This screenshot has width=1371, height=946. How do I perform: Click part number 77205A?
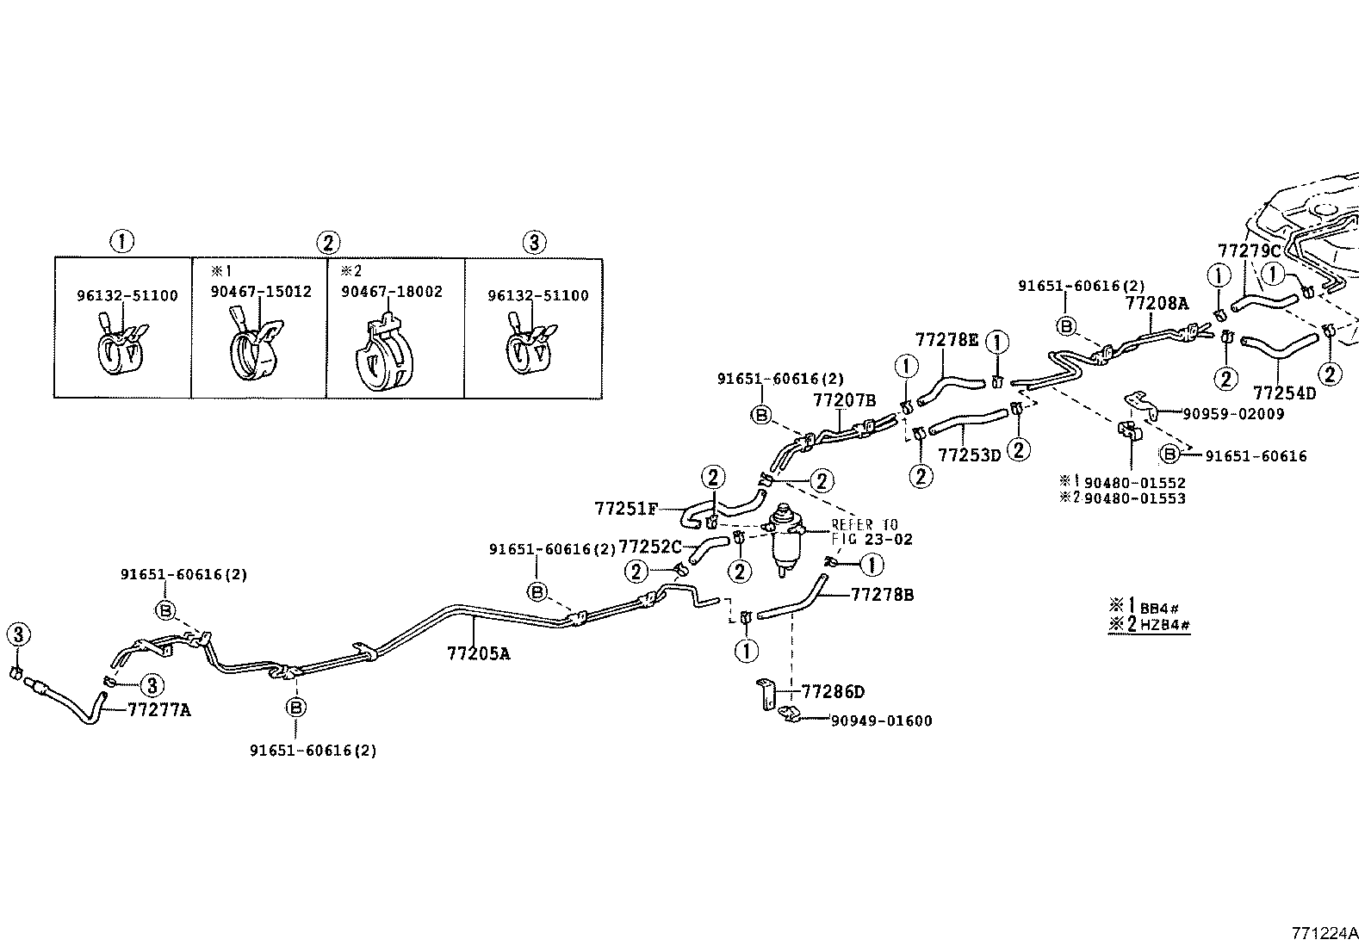click(x=478, y=653)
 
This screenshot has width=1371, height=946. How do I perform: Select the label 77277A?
click(x=159, y=710)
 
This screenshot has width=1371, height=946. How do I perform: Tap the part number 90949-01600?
click(x=880, y=721)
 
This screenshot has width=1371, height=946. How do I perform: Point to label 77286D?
click(x=833, y=692)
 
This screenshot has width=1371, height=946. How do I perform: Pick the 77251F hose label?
click(x=626, y=509)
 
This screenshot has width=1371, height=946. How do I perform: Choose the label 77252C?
click(x=650, y=547)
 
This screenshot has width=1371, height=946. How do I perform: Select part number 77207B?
click(x=845, y=400)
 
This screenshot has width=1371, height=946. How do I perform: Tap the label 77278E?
click(x=946, y=340)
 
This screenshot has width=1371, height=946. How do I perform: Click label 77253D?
click(x=970, y=455)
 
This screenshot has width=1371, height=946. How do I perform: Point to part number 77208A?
click(x=1157, y=303)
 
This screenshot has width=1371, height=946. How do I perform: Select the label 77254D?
click(x=1284, y=394)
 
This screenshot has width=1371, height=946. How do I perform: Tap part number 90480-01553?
click(x=1134, y=498)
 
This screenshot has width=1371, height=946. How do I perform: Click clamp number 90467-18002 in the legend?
click(x=392, y=293)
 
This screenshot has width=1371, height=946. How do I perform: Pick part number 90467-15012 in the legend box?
click(x=261, y=293)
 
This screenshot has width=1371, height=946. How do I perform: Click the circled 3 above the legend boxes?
click(x=534, y=243)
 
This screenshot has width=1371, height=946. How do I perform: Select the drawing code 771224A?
click(x=1324, y=933)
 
